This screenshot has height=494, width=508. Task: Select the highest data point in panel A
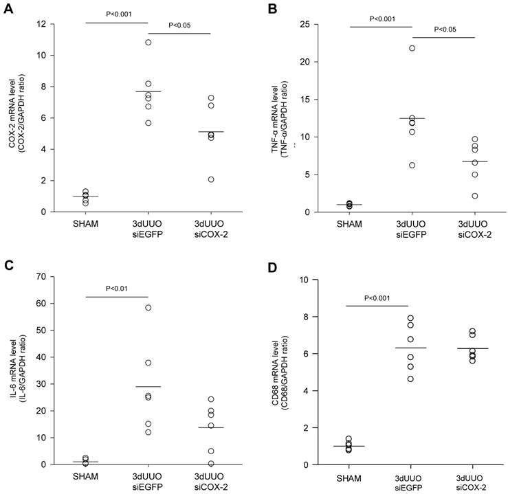tap(148, 43)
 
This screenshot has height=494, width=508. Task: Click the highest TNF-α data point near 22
tap(412, 48)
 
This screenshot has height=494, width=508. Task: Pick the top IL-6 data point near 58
tap(148, 307)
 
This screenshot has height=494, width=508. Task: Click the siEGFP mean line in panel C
tap(148, 387)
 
